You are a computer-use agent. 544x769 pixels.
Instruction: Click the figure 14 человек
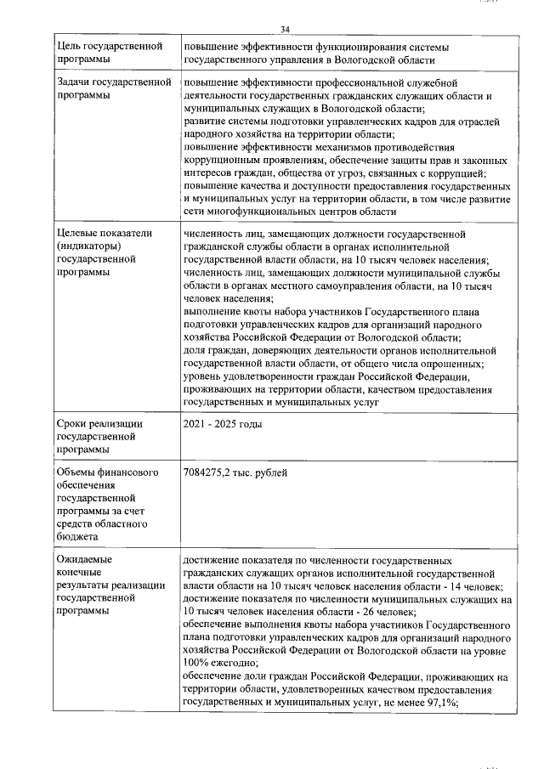tap(481, 587)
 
